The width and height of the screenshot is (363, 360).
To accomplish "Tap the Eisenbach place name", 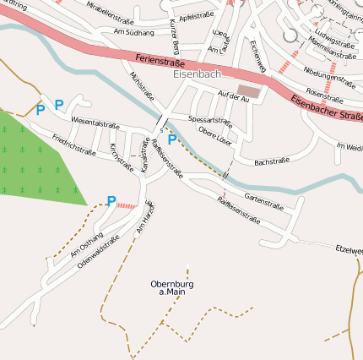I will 195,75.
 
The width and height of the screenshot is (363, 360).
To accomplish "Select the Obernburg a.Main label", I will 172,287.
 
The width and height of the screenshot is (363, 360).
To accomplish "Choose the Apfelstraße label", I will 196,16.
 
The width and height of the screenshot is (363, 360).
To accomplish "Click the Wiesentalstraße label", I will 95,124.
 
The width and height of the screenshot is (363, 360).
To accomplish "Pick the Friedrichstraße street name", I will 73,144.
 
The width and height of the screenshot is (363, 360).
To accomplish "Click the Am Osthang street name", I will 86,243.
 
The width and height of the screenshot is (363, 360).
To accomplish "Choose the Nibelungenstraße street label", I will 329,79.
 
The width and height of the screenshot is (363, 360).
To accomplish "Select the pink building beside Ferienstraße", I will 250,90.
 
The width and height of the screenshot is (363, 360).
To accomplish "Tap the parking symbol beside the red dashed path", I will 111,201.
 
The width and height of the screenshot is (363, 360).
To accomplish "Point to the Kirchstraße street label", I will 122,156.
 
